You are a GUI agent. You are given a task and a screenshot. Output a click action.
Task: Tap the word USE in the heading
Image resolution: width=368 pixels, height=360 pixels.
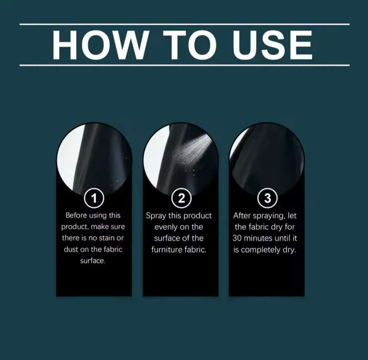[272, 45]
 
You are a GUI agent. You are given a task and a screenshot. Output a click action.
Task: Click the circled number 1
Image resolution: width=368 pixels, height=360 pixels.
[94, 198]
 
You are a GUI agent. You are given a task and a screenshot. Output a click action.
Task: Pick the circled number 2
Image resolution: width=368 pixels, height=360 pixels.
[182, 198]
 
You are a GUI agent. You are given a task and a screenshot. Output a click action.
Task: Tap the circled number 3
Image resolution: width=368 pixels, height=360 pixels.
[267, 198]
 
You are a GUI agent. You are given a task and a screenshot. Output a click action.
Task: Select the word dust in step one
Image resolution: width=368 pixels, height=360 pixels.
[71, 249]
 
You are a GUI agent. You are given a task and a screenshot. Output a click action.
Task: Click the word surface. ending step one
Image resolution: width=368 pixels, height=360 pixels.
[93, 261]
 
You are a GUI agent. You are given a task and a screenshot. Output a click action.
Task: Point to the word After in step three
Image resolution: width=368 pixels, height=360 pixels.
[242, 215]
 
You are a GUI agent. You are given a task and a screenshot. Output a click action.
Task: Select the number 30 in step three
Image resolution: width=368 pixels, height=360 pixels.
[237, 238]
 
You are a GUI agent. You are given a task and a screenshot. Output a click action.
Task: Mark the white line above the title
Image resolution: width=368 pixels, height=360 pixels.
[184, 24]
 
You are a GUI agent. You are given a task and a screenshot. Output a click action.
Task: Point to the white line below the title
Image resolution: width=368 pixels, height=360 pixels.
[184, 65]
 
